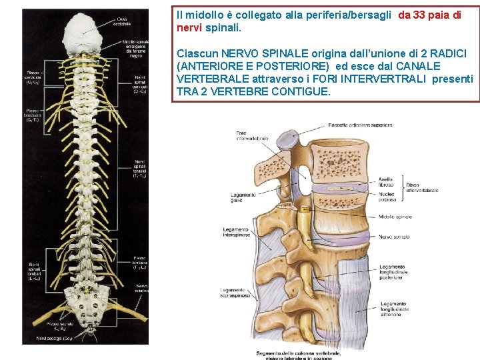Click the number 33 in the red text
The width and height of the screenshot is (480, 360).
click(419, 15)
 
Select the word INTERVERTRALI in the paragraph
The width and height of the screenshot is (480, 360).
click(390, 79)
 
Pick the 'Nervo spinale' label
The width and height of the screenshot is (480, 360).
click(394, 237)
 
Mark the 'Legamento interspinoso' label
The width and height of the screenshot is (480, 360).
click(236, 232)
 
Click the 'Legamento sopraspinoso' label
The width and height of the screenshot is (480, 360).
click(235, 292)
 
